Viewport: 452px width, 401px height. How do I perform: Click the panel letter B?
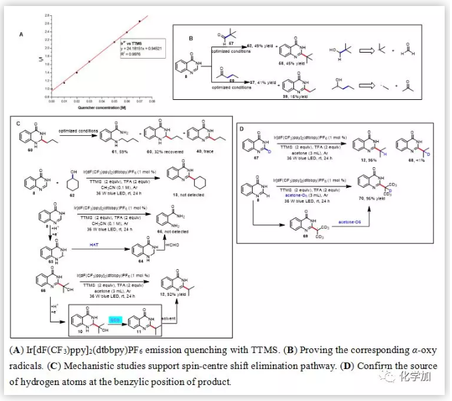190,39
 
